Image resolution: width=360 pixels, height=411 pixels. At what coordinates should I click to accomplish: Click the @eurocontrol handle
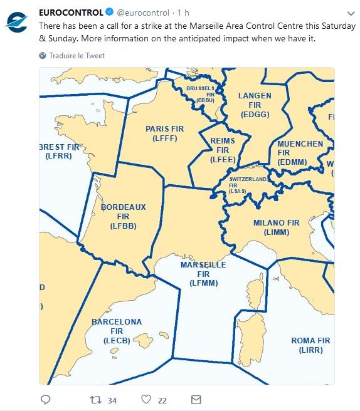(143, 13)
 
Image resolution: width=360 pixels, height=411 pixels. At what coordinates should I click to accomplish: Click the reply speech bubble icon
(45, 399)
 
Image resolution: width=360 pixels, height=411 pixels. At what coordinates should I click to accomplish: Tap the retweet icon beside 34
(96, 399)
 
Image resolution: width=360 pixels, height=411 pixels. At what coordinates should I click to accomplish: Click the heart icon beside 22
(146, 399)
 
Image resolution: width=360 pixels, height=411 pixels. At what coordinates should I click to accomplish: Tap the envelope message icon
(196, 399)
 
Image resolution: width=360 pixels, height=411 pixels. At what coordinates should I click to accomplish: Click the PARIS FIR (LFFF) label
(165, 133)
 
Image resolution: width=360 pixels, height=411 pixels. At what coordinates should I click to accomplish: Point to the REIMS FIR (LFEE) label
(223, 150)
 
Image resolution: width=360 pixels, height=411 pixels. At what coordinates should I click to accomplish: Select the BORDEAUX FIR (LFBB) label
(123, 216)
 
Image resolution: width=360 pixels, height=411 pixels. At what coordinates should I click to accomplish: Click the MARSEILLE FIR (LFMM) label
(203, 274)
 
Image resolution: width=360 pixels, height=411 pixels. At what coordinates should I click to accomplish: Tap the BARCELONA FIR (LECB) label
(117, 331)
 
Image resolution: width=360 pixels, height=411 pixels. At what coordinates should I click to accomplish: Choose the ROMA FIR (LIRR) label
(310, 345)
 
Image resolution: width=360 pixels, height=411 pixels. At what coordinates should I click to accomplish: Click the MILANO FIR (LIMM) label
(276, 227)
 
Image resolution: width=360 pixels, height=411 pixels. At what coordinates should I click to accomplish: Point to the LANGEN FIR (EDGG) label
(255, 105)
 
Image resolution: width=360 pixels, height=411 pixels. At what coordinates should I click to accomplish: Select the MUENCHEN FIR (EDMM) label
(300, 152)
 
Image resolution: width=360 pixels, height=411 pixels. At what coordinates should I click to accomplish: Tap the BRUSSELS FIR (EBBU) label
(204, 94)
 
